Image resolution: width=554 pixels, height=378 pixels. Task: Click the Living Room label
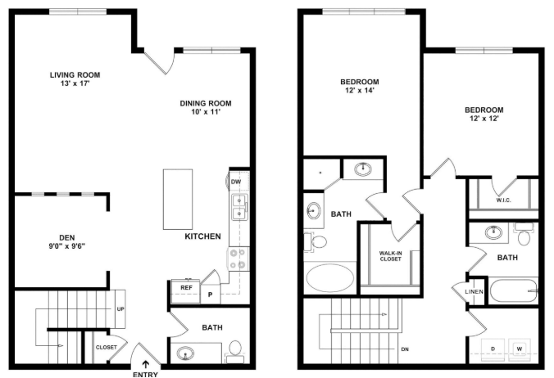(x=75, y=74)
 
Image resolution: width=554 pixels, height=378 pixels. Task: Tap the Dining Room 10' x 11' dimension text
(x=205, y=112)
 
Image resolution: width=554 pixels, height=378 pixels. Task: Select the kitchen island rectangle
(x=178, y=199)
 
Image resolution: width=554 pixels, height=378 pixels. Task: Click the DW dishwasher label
(x=236, y=182)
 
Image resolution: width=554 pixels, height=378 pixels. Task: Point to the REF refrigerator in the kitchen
(x=186, y=291)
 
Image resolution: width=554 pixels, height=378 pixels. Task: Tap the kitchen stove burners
(x=238, y=259)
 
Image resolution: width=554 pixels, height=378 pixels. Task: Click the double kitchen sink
(x=239, y=207)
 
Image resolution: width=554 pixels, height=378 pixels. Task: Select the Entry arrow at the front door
(x=145, y=364)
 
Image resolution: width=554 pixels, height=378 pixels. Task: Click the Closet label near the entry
(x=106, y=348)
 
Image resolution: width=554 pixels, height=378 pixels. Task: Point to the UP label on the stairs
(x=120, y=309)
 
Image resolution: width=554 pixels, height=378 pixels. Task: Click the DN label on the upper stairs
(x=405, y=349)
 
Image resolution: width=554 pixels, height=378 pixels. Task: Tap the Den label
(x=66, y=237)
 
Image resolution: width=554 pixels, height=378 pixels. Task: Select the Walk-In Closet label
(x=390, y=256)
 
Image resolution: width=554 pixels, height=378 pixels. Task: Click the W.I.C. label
(x=503, y=200)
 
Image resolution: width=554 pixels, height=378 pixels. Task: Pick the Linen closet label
(x=475, y=291)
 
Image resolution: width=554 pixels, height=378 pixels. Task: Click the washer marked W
(x=520, y=349)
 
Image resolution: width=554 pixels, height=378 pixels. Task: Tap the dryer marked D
(x=493, y=349)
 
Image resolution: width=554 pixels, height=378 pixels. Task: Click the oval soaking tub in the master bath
(x=329, y=277)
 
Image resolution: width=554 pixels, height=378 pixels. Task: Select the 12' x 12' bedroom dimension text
(x=484, y=119)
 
